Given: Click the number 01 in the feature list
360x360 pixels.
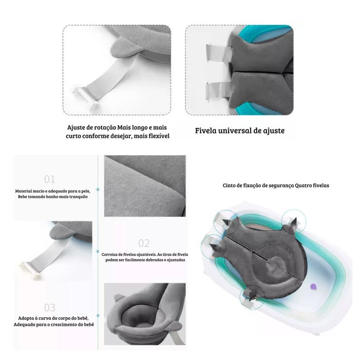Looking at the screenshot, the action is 49,179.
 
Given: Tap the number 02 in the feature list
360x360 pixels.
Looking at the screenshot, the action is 144,243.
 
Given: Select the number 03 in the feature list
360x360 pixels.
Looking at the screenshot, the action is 49,308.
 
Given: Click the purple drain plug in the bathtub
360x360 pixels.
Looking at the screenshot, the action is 313,286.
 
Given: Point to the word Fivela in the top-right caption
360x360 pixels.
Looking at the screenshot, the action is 206,130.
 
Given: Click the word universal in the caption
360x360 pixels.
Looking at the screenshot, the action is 234,130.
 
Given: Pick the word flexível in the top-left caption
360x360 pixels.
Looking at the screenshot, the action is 159,136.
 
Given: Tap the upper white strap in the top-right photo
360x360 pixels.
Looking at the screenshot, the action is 219,53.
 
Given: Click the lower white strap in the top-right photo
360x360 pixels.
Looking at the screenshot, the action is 217,91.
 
